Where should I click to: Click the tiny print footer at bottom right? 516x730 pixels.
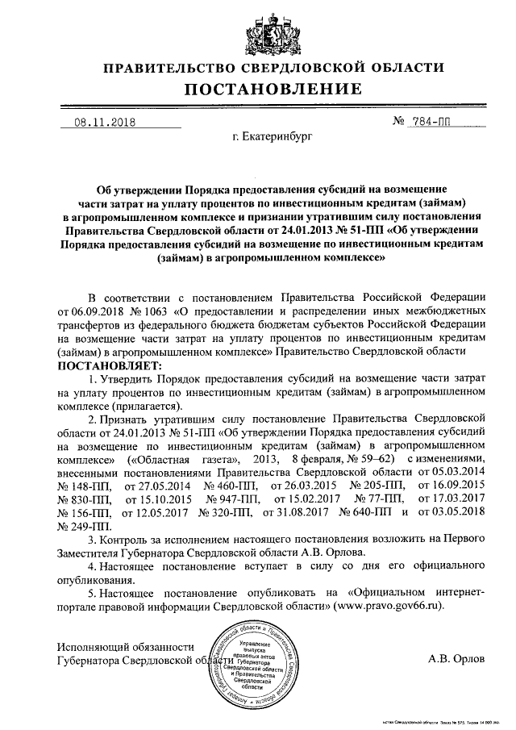pos(448,723)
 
